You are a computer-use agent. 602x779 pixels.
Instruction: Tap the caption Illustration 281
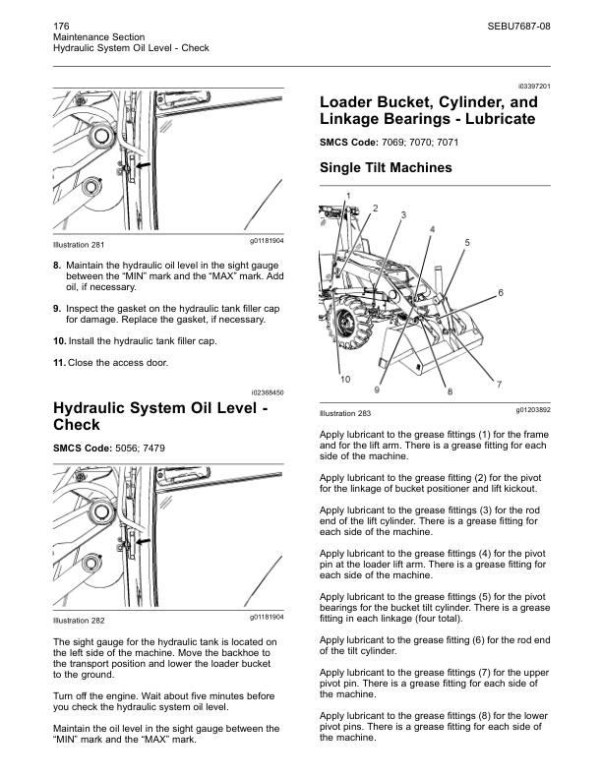coord(79,244)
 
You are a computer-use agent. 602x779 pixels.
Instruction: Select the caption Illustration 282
coord(79,621)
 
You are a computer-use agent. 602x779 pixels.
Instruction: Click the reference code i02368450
coord(264,392)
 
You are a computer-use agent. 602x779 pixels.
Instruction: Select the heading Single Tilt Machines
coord(386,168)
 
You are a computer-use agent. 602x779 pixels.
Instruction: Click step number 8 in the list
coord(58,266)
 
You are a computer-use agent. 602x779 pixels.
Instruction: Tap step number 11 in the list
coord(59,363)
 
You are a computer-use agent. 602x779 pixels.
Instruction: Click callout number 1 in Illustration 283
coord(346,197)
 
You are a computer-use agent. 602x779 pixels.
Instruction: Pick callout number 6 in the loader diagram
coord(501,293)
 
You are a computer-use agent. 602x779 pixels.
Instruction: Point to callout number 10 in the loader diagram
coord(345,379)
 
